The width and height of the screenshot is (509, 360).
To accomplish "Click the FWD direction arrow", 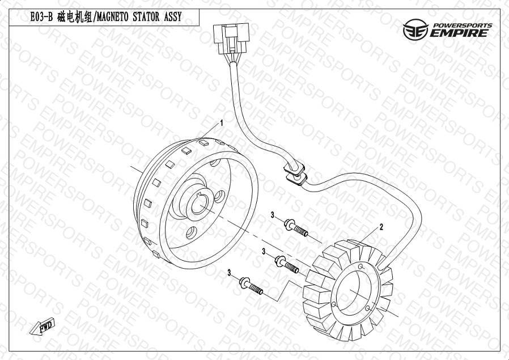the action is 42,326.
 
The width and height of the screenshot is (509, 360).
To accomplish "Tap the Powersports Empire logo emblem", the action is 415,29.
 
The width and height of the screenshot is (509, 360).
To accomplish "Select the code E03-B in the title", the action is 41,17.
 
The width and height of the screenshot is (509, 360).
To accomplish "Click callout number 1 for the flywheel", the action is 222,123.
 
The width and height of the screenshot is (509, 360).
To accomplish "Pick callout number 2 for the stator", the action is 381,227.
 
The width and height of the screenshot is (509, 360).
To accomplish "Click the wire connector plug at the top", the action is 231,39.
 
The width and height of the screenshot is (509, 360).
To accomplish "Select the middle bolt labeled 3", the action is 287,265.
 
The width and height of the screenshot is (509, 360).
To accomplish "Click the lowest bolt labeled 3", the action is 251,286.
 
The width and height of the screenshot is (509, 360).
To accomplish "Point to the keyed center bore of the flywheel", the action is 199,205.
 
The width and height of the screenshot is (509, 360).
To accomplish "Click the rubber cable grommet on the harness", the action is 295,174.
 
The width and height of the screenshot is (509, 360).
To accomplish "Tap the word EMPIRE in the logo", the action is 459,33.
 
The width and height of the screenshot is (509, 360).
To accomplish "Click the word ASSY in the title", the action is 173,17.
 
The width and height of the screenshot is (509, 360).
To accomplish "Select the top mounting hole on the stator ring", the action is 360,266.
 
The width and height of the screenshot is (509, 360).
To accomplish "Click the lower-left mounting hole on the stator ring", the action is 333,304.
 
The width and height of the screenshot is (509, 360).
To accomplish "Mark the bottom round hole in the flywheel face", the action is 191,232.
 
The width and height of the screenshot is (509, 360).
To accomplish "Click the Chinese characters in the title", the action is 74,17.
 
